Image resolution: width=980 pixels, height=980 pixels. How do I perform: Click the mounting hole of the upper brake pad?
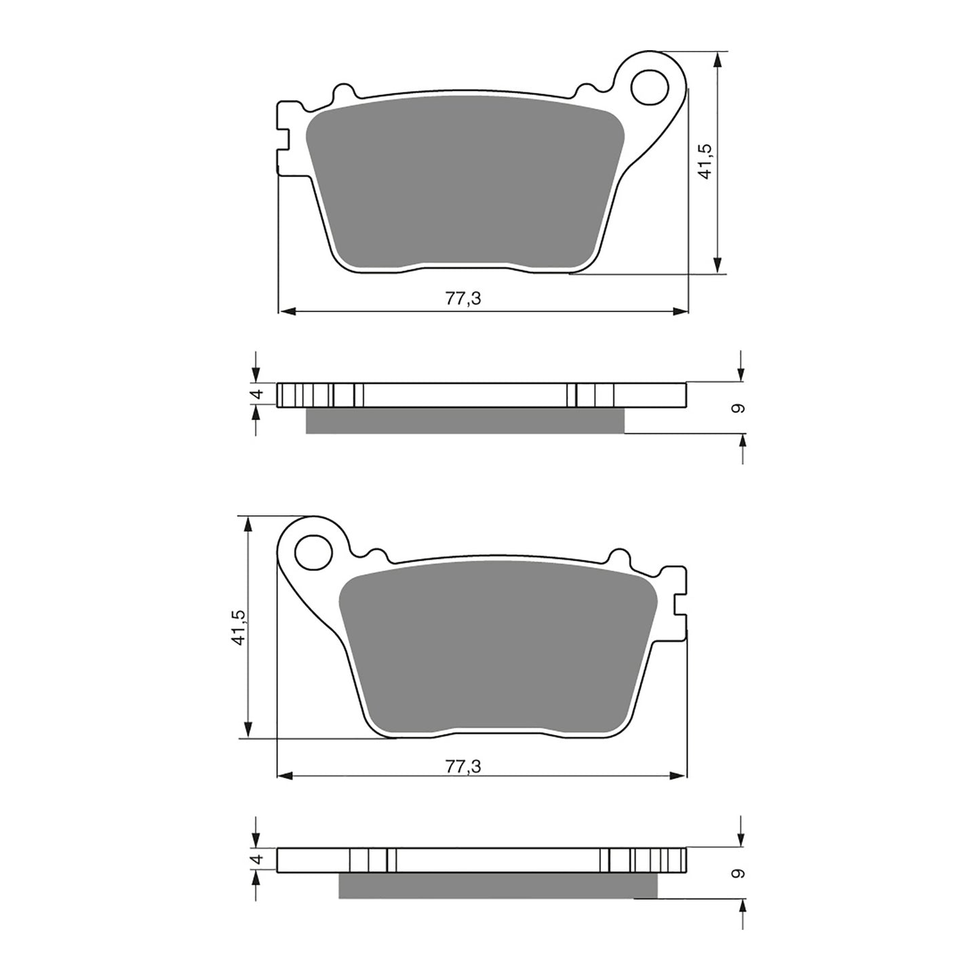point(648,85)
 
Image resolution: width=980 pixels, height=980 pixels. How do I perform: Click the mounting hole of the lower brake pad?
point(313,551)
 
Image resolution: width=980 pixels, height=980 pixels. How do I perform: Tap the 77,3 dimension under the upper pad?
point(463,298)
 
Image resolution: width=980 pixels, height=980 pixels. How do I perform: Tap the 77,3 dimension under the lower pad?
point(463,766)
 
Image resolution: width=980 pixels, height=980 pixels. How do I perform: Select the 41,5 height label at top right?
point(705,161)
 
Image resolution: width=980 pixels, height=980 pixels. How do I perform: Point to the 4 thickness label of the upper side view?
point(256,395)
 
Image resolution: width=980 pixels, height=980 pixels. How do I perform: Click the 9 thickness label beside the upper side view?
point(739,408)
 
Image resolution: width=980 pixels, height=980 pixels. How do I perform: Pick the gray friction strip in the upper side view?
point(465,420)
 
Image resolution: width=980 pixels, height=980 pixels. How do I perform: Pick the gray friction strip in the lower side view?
point(498,885)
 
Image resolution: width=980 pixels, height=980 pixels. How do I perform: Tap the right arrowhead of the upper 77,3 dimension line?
point(681,311)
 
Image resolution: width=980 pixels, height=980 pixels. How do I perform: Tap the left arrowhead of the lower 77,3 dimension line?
point(286,775)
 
